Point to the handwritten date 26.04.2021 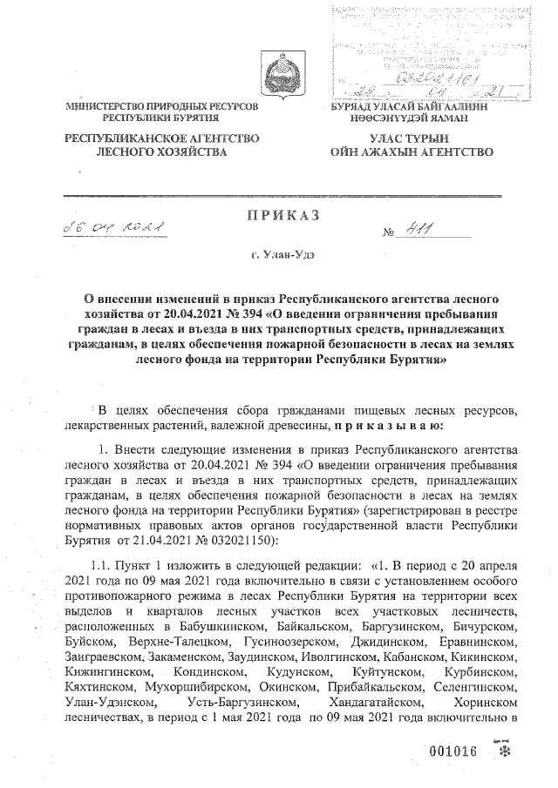[110, 228]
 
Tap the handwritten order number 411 [427, 229]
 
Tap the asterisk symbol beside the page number [504, 751]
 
